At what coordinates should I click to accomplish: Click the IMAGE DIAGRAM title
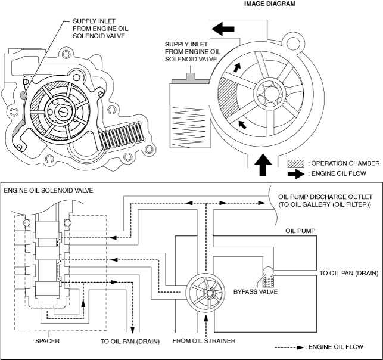tap(270, 4)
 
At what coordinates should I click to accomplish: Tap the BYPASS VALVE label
tap(256, 292)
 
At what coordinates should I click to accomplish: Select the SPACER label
tap(47, 341)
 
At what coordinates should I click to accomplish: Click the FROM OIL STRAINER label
tap(204, 341)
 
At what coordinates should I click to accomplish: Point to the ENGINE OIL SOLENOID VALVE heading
tap(48, 190)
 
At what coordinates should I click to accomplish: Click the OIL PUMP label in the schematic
tap(300, 231)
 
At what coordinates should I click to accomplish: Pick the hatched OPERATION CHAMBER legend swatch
tap(296, 164)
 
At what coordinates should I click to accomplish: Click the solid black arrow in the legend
tap(296, 174)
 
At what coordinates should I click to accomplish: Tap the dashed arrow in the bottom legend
tap(289, 347)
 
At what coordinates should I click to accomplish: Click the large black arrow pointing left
tap(223, 29)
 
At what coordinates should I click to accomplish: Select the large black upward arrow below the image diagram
tap(263, 165)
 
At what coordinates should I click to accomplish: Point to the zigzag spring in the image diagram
tap(190, 127)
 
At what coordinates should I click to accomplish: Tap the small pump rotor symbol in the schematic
tap(205, 292)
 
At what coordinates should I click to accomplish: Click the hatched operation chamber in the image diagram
tap(227, 97)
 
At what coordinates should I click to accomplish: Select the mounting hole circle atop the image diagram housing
tap(293, 44)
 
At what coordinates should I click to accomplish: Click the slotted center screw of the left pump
tap(63, 112)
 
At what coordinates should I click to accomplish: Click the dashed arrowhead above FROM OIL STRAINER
tap(206, 318)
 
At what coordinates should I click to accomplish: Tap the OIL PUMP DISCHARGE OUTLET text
tap(325, 197)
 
